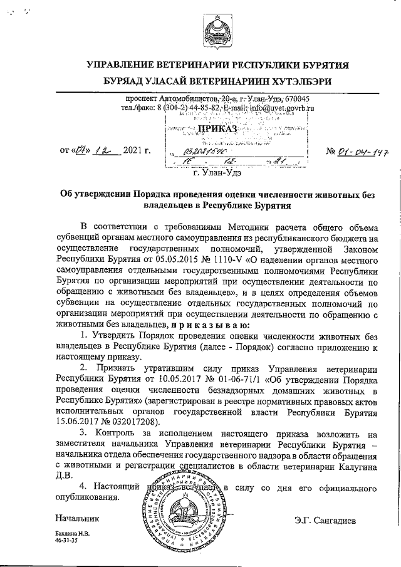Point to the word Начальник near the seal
coord(77,519)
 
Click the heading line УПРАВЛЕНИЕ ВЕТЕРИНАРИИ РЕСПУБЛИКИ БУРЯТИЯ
coord(217,65)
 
